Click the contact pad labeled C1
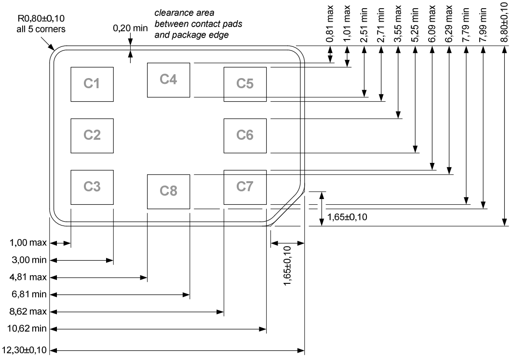pyautogui.click(x=92, y=84)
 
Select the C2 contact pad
pyautogui.click(x=92, y=135)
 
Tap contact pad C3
pyautogui.click(x=92, y=187)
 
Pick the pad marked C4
pyautogui.click(x=168, y=80)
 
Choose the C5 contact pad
pyautogui.click(x=245, y=84)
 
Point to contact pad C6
pyautogui.click(x=245, y=135)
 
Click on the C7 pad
pyautogui.click(x=245, y=187)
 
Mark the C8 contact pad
pyautogui.click(x=168, y=191)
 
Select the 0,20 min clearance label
pyautogui.click(x=130, y=28)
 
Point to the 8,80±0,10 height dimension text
pyautogui.click(x=504, y=22)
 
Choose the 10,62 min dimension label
pyautogui.click(x=27, y=330)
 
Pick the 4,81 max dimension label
pyautogui.click(x=27, y=278)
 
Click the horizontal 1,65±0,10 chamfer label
pyautogui.click(x=347, y=217)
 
